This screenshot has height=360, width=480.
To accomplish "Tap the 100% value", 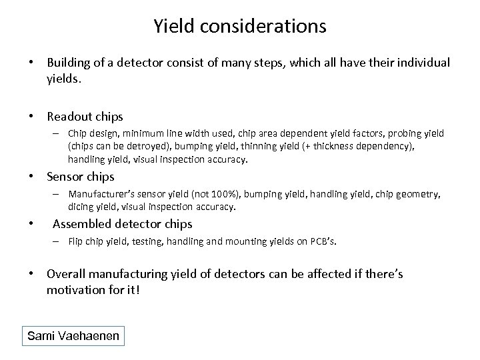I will coord(223,194).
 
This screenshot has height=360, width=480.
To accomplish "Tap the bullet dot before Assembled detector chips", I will coord(32,224).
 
